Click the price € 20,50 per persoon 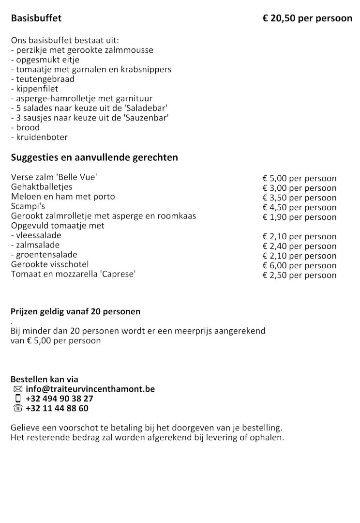[x=307, y=19]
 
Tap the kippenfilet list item [x=34, y=89]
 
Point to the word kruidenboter [x=42, y=137]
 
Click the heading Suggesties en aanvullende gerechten [x=94, y=157]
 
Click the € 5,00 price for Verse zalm [x=299, y=178]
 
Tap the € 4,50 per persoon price [x=299, y=207]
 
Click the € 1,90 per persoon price [x=299, y=217]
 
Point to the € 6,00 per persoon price [x=299, y=265]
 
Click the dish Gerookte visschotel [x=50, y=264]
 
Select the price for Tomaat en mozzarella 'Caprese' [x=299, y=275]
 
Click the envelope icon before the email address [x=18, y=389]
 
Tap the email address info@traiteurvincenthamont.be [x=90, y=389]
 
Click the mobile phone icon [x=18, y=399]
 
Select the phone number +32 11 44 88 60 [x=57, y=408]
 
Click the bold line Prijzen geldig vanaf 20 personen [x=75, y=311]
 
